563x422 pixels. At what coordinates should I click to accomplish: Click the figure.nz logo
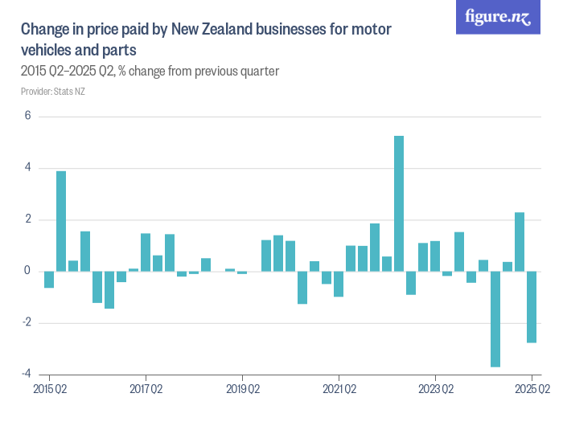pyautogui.click(x=498, y=18)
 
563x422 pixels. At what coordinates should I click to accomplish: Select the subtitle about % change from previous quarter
pyautogui.click(x=150, y=72)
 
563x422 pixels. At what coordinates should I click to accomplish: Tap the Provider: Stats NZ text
pyautogui.click(x=52, y=92)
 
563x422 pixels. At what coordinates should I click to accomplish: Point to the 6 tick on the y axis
pyautogui.click(x=27, y=116)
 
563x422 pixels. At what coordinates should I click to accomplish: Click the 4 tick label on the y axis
pyautogui.click(x=27, y=168)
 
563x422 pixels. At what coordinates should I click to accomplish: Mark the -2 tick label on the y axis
pyautogui.click(x=26, y=322)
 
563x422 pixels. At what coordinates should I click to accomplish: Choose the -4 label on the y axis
pyautogui.click(x=26, y=374)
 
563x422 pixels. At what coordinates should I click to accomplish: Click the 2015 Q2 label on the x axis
pyautogui.click(x=49, y=389)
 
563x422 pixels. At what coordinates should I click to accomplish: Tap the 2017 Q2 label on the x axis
pyautogui.click(x=146, y=389)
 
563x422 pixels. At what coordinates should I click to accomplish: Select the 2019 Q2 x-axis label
pyautogui.click(x=242, y=389)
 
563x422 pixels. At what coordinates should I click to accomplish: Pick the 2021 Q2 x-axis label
pyautogui.click(x=339, y=389)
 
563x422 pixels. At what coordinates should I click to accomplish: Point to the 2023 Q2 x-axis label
pyautogui.click(x=435, y=389)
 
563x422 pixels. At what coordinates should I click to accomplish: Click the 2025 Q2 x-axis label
pyautogui.click(x=532, y=389)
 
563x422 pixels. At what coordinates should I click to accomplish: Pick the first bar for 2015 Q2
pyautogui.click(x=49, y=279)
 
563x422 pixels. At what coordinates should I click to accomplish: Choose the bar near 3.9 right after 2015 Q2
pyautogui.click(x=61, y=221)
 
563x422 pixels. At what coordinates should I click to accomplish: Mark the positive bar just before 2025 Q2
pyautogui.click(x=520, y=241)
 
